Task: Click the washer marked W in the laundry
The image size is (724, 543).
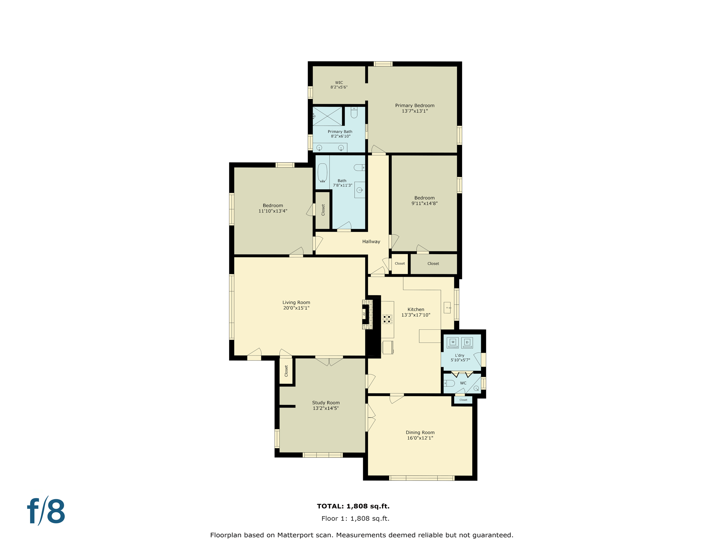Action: pyautogui.click(x=452, y=342)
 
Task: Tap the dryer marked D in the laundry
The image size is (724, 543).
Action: pyautogui.click(x=467, y=342)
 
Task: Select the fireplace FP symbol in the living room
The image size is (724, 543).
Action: pyautogui.click(x=364, y=314)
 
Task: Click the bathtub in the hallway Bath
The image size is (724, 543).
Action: pyautogui.click(x=322, y=173)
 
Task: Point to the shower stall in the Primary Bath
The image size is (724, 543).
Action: pyautogui.click(x=327, y=116)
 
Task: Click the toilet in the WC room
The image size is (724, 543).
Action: pyautogui.click(x=449, y=383)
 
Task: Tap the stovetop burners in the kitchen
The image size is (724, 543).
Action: pyautogui.click(x=387, y=319)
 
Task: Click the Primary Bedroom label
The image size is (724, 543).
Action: pyautogui.click(x=415, y=105)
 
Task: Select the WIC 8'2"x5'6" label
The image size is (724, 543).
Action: pyautogui.click(x=339, y=85)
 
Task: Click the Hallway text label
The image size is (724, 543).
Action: pyautogui.click(x=371, y=241)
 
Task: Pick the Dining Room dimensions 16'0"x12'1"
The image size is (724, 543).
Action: pyautogui.click(x=420, y=438)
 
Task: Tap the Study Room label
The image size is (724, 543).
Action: pyautogui.click(x=326, y=403)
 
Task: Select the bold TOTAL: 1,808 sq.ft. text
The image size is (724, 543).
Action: pyautogui.click(x=353, y=506)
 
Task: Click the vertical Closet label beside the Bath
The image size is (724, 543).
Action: pyautogui.click(x=323, y=210)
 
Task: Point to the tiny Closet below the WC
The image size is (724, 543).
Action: pyautogui.click(x=463, y=400)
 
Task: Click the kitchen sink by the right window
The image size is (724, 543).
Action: pyautogui.click(x=448, y=308)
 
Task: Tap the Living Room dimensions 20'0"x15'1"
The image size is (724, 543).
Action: pyautogui.click(x=296, y=308)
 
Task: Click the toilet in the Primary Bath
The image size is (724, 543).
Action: pyautogui.click(x=354, y=113)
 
